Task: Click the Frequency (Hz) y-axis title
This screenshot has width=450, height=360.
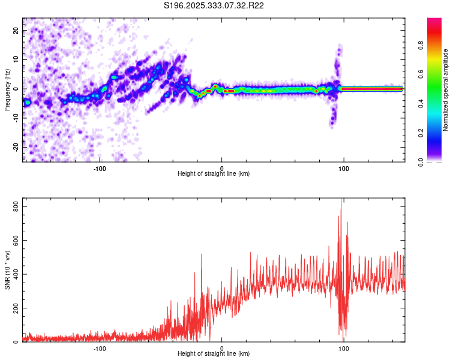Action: point(8,89)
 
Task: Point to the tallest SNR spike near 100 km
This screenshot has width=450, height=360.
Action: point(341,200)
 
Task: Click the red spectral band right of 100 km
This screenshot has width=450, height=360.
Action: point(372,88)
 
